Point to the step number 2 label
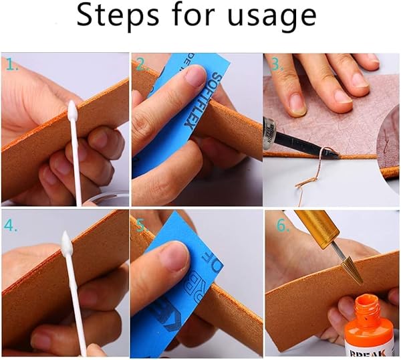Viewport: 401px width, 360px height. (141, 65)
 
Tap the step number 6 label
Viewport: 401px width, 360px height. (283, 226)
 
